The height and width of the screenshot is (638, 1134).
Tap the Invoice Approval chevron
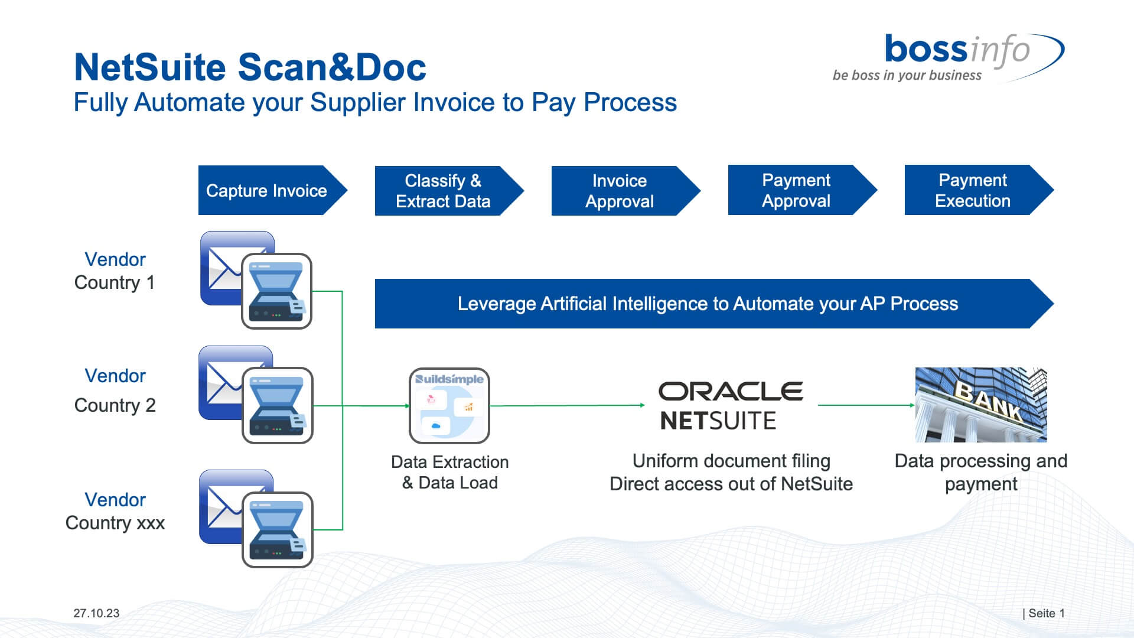(620, 191)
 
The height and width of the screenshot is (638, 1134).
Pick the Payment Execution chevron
(973, 190)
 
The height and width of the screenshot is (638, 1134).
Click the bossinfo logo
(957, 50)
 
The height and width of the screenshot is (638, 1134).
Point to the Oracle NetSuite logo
(731, 405)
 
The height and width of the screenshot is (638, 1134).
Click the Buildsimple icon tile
(449, 406)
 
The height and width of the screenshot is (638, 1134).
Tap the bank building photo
(981, 405)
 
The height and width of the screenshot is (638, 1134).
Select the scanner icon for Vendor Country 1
(276, 292)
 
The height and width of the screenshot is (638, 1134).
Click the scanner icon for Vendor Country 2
(277, 406)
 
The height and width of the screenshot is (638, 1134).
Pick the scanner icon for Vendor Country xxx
(277, 530)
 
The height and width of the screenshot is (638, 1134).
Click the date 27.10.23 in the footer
(96, 613)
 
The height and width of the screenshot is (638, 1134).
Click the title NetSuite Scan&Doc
(250, 67)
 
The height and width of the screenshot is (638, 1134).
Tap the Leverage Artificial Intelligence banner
(708, 304)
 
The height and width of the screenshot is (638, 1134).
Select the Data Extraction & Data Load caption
(449, 472)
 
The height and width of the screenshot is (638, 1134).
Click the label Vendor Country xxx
(115, 511)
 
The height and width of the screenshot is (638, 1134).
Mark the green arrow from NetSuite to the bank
(866, 405)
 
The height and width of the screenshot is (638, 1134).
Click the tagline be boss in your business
(907, 76)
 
